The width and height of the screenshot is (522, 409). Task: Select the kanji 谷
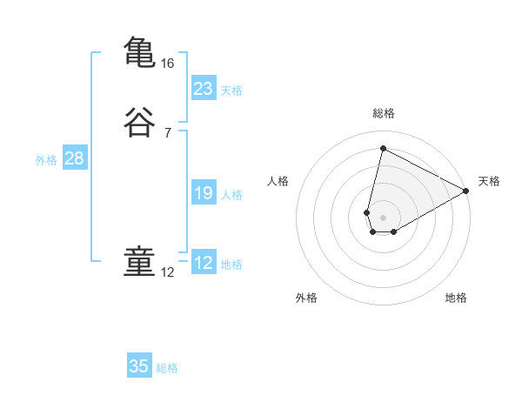coord(139,123)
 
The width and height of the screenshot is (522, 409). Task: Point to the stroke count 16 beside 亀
coord(167,64)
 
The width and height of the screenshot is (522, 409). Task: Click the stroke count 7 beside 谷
coord(167,133)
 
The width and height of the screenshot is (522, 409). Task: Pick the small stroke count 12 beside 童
coord(167,272)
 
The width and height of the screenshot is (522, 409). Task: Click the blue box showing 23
coord(203,89)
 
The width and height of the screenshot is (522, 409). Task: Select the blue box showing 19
coord(203,193)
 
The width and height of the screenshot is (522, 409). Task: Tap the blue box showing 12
coord(203,263)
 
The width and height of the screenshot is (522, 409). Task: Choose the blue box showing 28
coord(74,158)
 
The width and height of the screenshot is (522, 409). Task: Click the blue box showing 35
coord(139,366)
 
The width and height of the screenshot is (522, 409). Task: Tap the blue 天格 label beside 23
coord(231,91)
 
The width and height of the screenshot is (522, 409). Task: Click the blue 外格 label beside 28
coord(46,160)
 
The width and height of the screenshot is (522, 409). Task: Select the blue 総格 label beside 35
coord(167,368)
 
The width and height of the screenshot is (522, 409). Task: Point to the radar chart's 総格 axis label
coord(383,113)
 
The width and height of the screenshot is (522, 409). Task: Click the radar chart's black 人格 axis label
coord(278,181)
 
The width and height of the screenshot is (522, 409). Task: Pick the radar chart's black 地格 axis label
coord(456,298)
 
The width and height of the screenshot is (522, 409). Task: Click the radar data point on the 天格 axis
coord(466,192)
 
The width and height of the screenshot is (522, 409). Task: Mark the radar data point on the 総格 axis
coord(383,148)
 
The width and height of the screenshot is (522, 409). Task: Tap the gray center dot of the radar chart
coord(383,217)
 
